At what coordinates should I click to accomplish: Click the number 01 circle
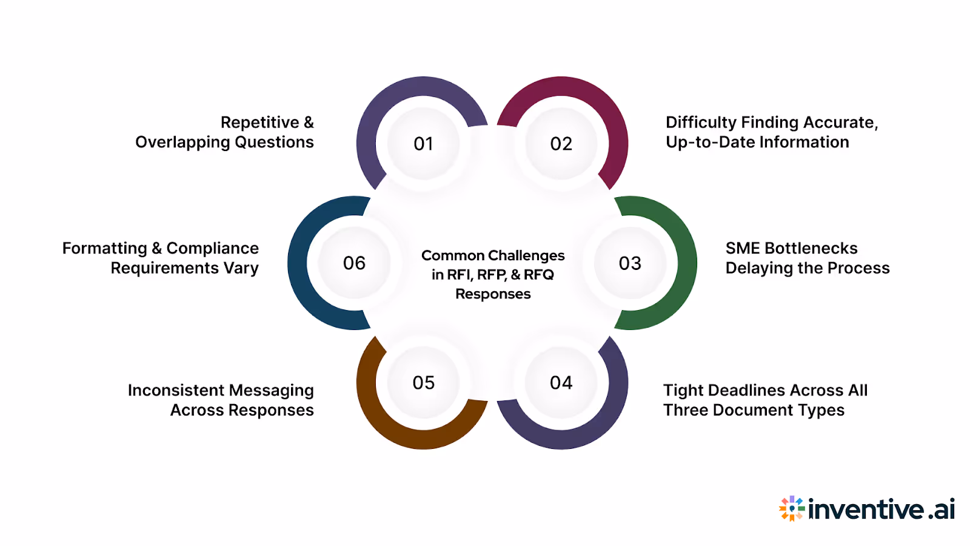pyautogui.click(x=423, y=144)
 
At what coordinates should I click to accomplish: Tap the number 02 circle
pyautogui.click(x=561, y=144)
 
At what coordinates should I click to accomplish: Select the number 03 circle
pyautogui.click(x=630, y=263)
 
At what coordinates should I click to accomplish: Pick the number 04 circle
pyautogui.click(x=561, y=383)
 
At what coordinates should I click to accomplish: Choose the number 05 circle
pyautogui.click(x=423, y=383)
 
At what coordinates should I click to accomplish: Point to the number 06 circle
pyautogui.click(x=355, y=263)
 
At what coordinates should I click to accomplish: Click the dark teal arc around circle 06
pyautogui.click(x=298, y=263)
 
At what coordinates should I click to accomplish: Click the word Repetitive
pyautogui.click(x=259, y=123)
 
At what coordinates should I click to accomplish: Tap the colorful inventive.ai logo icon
pyautogui.click(x=792, y=508)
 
